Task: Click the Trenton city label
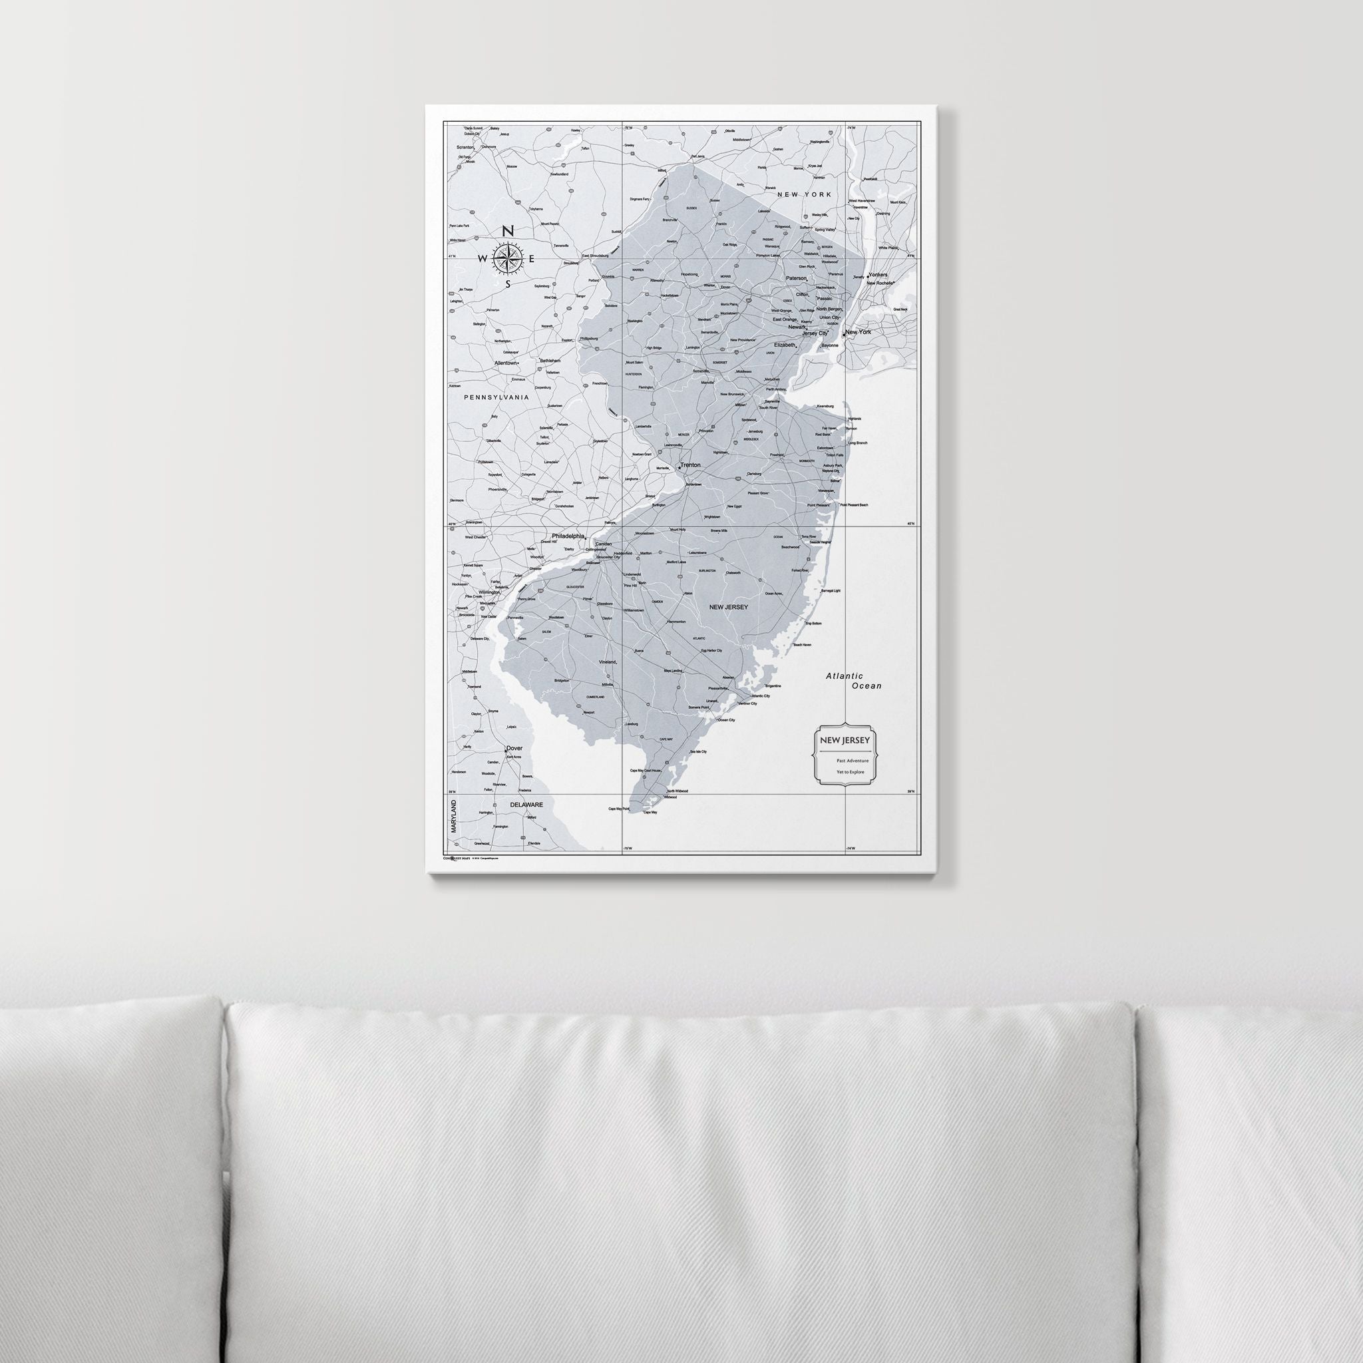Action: tap(691, 466)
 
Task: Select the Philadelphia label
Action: tap(568, 536)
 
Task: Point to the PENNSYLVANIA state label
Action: tap(496, 398)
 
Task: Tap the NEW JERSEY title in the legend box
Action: tap(844, 740)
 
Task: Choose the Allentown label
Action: tap(506, 363)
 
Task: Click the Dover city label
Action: tap(514, 749)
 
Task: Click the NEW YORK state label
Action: tap(804, 194)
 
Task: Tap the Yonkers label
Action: tap(878, 274)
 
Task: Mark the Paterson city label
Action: tap(797, 279)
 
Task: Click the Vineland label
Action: tap(608, 662)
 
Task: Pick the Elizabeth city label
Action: tap(784, 345)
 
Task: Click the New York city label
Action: tap(858, 331)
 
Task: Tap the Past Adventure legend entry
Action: tap(853, 761)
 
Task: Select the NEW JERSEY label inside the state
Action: tap(728, 607)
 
